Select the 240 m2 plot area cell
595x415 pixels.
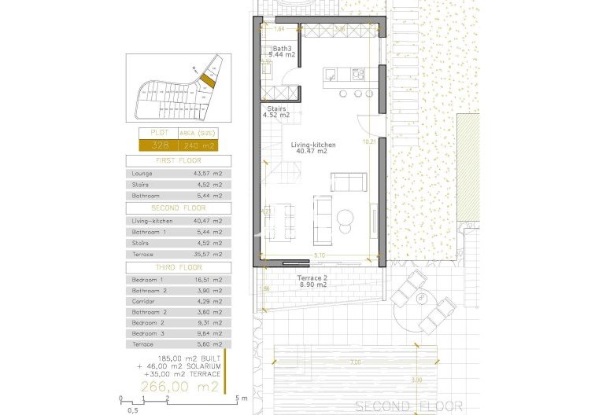[198, 145]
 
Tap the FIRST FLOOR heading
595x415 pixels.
[179, 160]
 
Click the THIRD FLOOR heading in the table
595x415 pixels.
[179, 268]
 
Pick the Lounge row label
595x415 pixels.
[143, 172]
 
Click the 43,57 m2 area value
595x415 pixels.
[210, 172]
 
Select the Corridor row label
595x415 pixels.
[144, 301]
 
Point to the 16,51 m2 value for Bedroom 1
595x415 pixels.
[210, 280]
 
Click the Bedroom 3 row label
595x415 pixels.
[148, 333]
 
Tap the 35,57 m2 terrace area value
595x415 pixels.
[210, 254]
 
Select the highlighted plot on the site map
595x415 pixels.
[207, 78]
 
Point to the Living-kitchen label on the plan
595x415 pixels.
[313, 145]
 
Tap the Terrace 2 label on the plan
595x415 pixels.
[312, 280]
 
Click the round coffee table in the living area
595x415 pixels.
[347, 217]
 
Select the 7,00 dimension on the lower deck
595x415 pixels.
[356, 362]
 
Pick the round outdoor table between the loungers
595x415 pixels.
[423, 299]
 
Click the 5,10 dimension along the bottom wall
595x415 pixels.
[319, 256]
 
